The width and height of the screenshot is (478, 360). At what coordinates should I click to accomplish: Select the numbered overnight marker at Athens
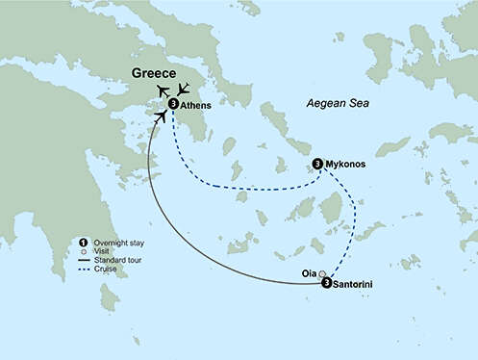click(173, 104)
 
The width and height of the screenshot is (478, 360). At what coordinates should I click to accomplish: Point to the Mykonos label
click(346, 164)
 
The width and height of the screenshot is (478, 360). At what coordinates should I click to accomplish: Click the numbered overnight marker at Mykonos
click(318, 163)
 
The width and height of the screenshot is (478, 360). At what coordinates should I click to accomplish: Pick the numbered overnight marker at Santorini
click(327, 284)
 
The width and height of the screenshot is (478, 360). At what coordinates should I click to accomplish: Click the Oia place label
click(308, 272)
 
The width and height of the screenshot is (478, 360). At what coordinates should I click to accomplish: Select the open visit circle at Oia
click(323, 273)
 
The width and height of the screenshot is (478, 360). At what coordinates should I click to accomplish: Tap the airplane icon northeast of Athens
click(186, 90)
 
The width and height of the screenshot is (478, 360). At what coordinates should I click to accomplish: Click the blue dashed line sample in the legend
click(86, 269)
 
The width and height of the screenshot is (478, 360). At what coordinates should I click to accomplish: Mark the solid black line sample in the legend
click(86, 259)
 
